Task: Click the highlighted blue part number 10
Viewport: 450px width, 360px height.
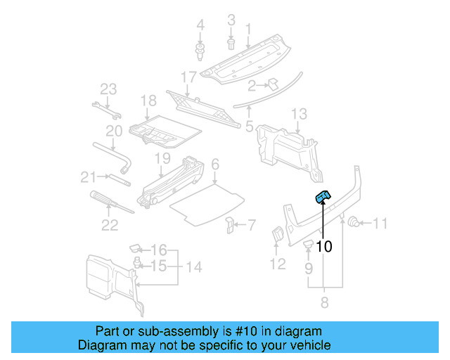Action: click(323, 198)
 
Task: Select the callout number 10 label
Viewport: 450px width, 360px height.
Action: click(323, 247)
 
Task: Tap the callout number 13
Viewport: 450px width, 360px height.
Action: click(299, 113)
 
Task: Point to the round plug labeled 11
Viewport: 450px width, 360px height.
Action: click(355, 224)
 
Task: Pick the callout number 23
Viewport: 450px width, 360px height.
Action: click(108, 89)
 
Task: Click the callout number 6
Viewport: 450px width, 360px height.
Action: click(215, 164)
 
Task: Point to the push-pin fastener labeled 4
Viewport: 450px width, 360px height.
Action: click(200, 49)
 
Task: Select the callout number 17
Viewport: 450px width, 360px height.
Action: click(188, 76)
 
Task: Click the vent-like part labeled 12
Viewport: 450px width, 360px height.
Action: click(278, 236)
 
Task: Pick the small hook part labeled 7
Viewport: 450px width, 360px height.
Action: click(230, 225)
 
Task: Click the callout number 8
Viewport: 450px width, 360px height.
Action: click(325, 303)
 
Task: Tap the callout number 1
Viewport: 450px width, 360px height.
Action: click(247, 29)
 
